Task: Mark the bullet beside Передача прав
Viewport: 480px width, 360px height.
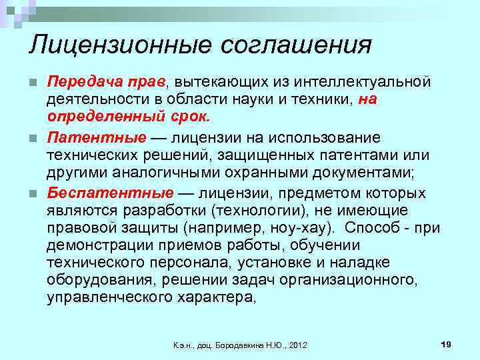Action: click(x=33, y=83)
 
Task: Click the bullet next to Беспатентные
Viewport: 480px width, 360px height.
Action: click(x=33, y=194)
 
